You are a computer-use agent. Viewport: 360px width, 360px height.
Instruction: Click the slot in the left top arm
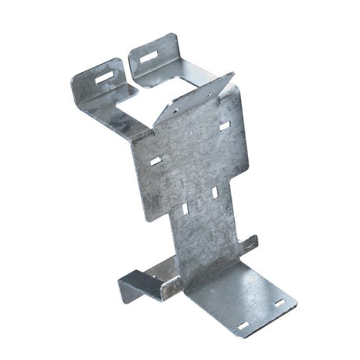click(x=102, y=76)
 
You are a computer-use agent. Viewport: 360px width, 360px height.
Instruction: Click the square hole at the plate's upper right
click(x=225, y=125)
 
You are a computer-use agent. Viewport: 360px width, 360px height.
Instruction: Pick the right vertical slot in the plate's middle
click(x=214, y=192)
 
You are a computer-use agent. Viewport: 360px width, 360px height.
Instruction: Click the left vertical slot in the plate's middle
click(x=184, y=210)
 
